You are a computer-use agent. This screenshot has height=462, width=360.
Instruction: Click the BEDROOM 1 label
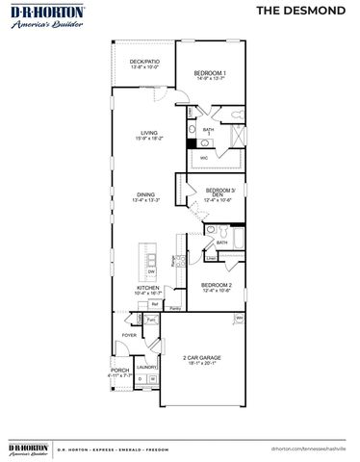(x=209, y=74)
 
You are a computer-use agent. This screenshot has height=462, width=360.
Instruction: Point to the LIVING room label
(x=149, y=134)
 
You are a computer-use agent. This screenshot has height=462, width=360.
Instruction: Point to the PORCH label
(x=119, y=370)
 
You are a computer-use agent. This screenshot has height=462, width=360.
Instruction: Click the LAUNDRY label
(x=146, y=367)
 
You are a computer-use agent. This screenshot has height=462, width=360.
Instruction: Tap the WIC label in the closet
(x=204, y=156)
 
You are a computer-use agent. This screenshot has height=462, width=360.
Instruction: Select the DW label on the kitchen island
(x=151, y=272)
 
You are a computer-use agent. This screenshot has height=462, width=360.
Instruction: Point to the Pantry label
(x=174, y=309)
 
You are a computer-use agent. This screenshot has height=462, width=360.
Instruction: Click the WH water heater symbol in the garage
(x=239, y=318)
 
